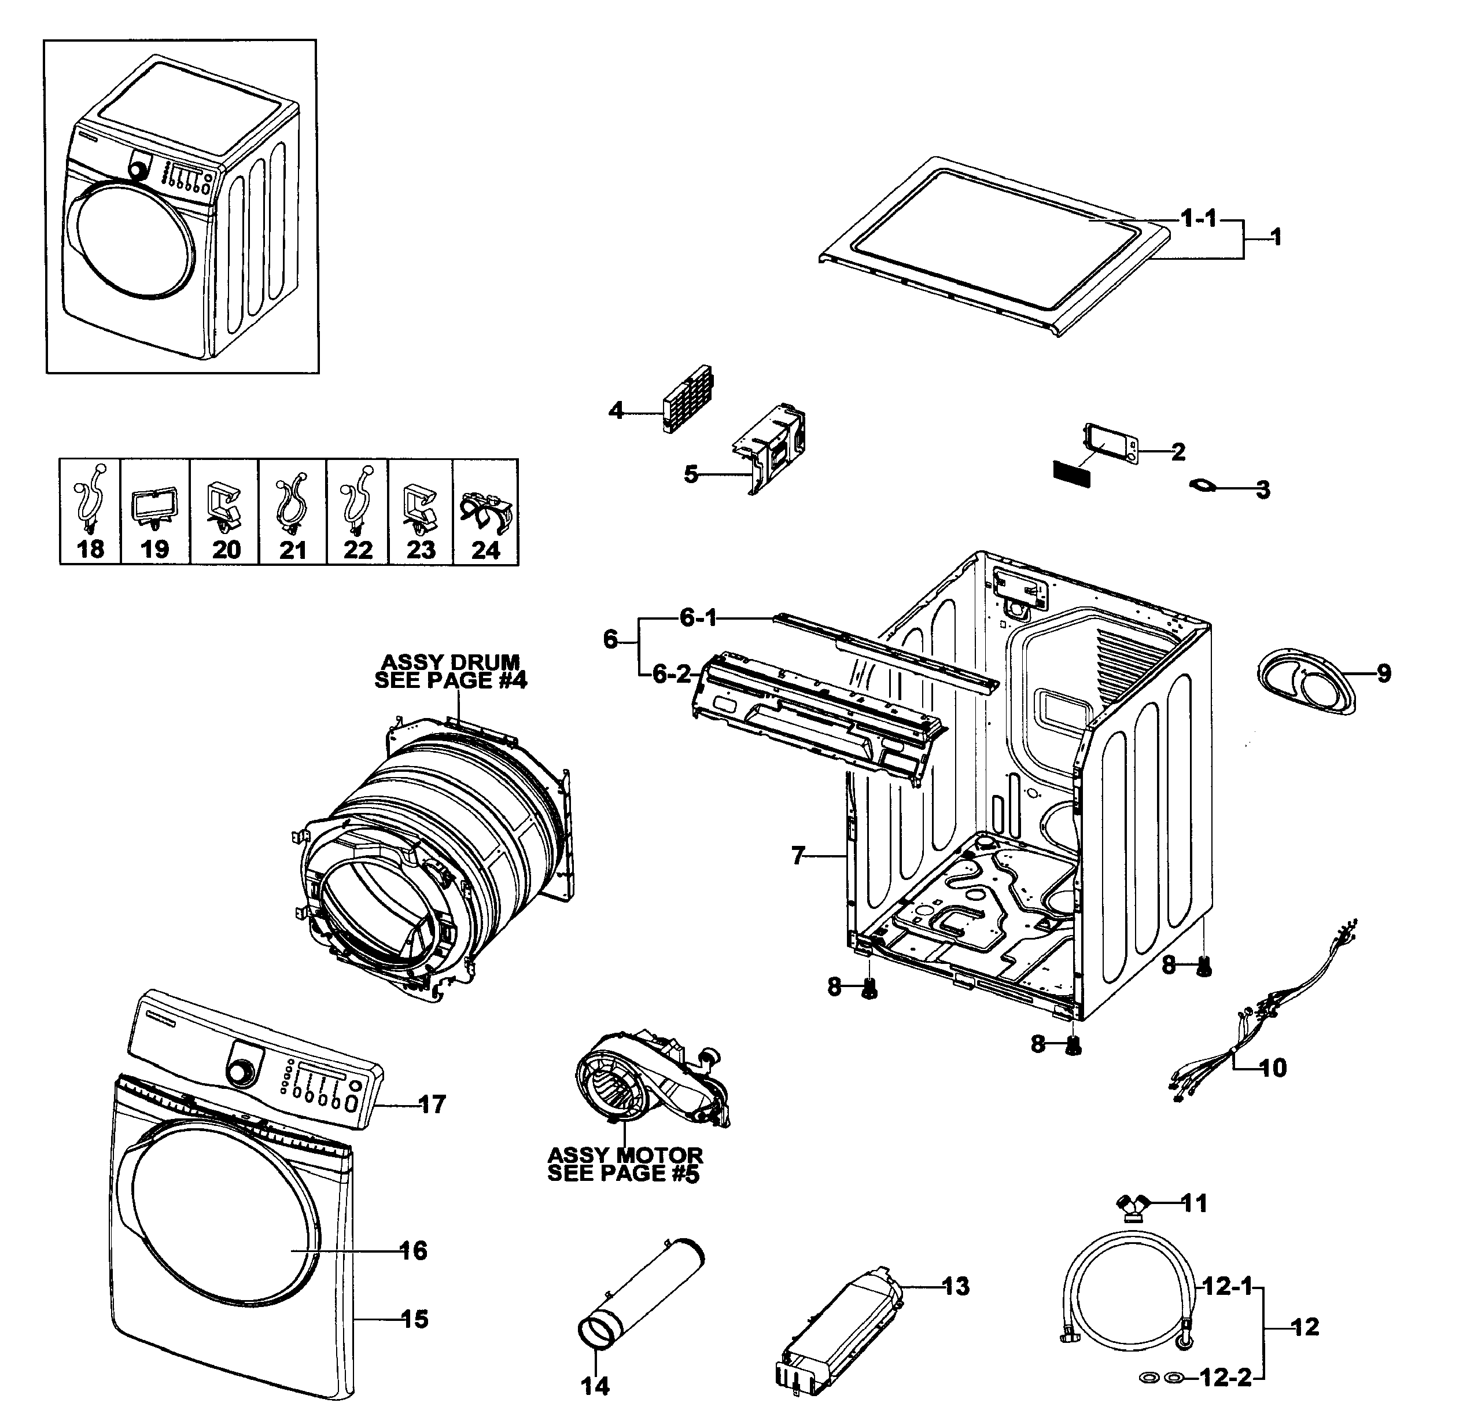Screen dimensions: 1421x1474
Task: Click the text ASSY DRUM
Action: click(451, 662)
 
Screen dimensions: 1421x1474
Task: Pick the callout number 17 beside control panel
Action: click(432, 1105)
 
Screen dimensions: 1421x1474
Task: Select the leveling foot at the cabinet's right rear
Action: click(1204, 970)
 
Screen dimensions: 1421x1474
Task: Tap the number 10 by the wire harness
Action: click(1273, 1067)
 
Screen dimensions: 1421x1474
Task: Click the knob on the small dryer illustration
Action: click(138, 170)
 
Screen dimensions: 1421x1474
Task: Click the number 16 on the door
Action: click(414, 1251)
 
